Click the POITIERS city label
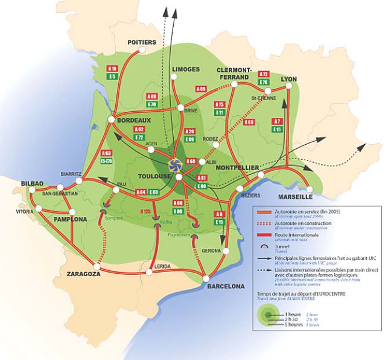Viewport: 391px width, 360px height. pos(141,43)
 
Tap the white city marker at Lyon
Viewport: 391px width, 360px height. pos(288,87)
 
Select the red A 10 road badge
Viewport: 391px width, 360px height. pos(112,68)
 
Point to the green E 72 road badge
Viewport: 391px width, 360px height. pos(138,138)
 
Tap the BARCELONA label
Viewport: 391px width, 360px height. pos(225,286)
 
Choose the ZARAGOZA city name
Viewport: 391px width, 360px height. pos(84,274)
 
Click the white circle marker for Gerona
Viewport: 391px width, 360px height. pos(226,251)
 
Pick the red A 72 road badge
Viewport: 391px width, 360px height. pos(264,75)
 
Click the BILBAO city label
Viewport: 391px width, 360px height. pos(32,183)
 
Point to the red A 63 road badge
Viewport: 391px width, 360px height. pos(106,153)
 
